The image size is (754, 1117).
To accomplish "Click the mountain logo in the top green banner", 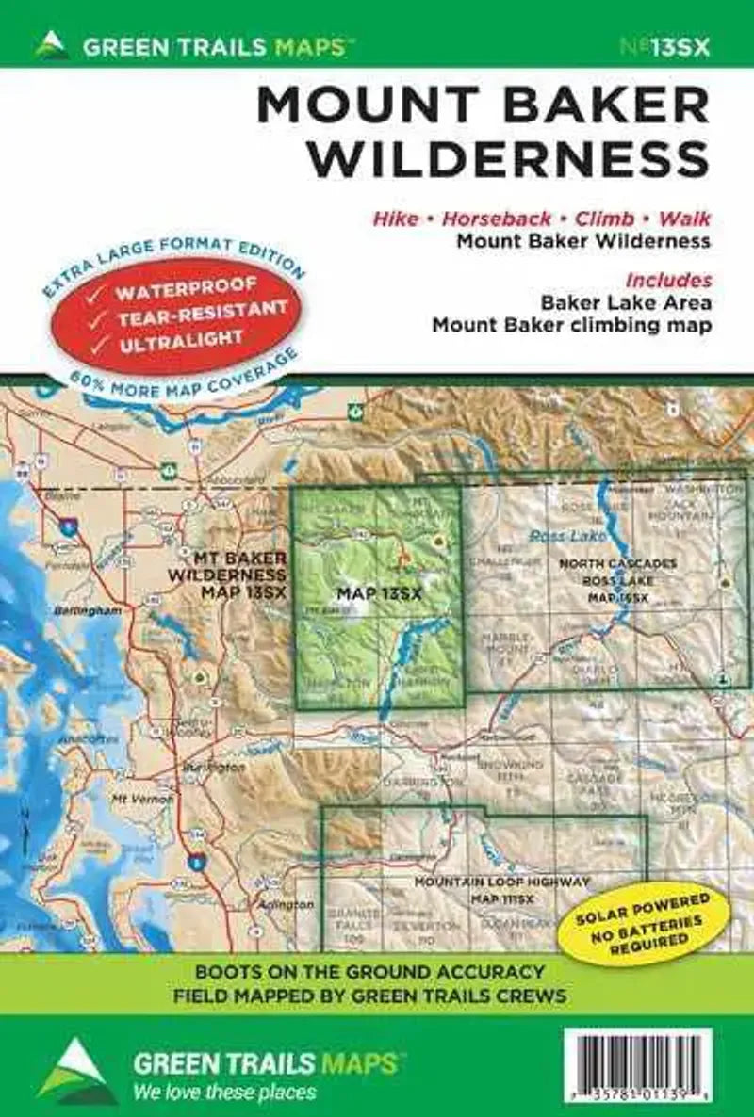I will click(51, 43).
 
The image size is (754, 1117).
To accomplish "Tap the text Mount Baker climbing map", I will click(571, 326).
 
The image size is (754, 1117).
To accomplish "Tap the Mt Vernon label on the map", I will click(130, 799).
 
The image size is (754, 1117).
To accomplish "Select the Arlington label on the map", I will click(286, 904).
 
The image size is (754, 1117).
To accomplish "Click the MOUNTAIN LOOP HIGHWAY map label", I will click(502, 882).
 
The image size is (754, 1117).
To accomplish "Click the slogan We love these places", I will click(224, 1093).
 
